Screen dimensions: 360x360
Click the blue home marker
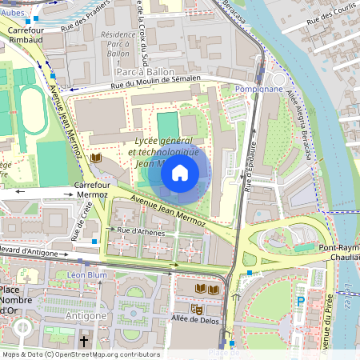[x=180, y=172]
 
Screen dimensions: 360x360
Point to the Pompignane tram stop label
[x=259, y=89]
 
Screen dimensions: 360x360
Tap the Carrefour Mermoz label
[x=90, y=189]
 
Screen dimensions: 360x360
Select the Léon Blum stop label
[x=86, y=274]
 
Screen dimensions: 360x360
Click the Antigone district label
[x=87, y=315]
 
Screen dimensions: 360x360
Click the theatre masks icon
[x=196, y=308]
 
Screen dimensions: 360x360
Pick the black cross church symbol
[x=82, y=340]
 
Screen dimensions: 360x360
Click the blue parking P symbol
[x=301, y=302]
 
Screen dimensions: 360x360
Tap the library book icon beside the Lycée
[x=97, y=159]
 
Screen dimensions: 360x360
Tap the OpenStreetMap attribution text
[x=80, y=354]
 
